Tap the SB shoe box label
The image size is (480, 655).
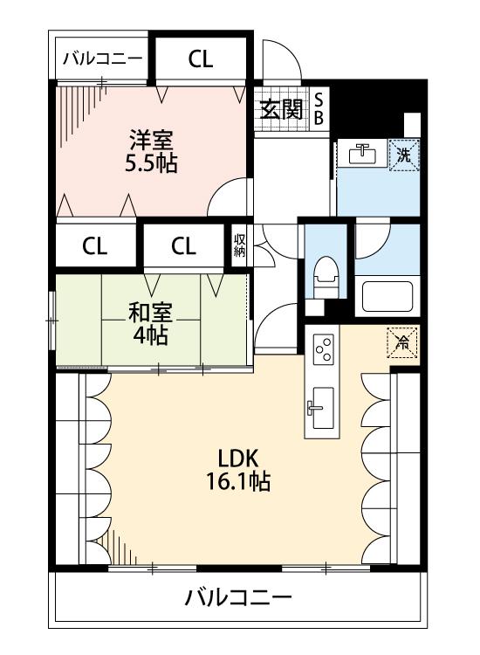coord(319,109)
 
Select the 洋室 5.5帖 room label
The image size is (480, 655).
coord(151,151)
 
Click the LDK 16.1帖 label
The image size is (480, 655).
coord(238,470)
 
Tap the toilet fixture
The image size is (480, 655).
coord(326,277)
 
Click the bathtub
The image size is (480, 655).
coord(387,296)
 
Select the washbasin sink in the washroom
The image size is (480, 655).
coord(362,154)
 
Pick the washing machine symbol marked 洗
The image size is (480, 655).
coord(403,155)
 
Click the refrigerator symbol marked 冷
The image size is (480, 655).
coord(402,342)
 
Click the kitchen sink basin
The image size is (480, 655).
coord(323,408)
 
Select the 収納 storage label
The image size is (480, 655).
coord(240,245)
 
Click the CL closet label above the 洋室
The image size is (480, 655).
coord(201,59)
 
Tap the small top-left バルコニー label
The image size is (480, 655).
coord(102,59)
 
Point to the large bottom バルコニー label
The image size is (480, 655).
coord(238,597)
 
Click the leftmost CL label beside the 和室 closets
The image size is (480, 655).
coord(95,246)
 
